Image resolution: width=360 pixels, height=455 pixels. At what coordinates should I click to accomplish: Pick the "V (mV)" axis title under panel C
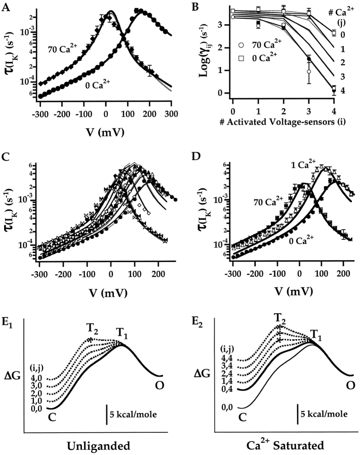[x=94, y=293]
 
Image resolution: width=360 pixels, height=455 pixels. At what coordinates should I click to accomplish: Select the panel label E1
[x=9, y=325]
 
